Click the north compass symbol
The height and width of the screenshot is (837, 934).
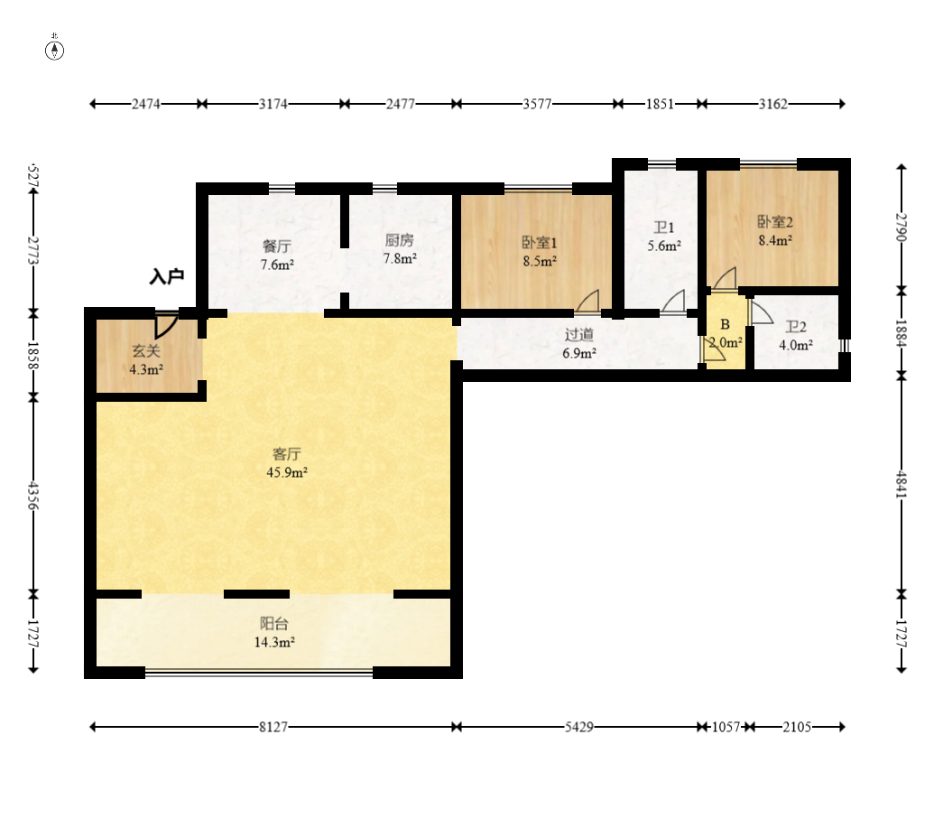[55, 51]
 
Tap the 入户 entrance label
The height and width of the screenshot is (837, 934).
[167, 276]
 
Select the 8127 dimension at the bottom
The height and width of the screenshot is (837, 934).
[273, 727]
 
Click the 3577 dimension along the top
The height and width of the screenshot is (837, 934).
[537, 105]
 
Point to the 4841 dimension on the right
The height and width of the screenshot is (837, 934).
[902, 485]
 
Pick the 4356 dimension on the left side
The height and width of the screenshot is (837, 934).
[33, 496]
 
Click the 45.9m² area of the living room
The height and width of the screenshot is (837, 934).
[287, 473]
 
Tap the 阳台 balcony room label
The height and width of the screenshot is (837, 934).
[274, 624]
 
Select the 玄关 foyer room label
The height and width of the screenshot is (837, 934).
[146, 351]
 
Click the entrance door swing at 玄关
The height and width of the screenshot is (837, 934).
[167, 325]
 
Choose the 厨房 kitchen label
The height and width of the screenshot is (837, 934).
[399, 240]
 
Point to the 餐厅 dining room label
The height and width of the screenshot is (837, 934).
[277, 246]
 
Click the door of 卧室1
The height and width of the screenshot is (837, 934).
[587, 301]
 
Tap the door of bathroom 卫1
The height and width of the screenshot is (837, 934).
[674, 301]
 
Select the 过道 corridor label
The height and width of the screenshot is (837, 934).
[579, 335]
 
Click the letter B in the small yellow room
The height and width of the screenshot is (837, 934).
[725, 324]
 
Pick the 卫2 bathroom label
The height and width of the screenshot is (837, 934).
[796, 327]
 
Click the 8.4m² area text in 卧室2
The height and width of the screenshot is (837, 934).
[775, 241]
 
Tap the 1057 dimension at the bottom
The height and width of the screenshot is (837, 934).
[726, 727]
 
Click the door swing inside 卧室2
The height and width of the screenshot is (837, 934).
[725, 278]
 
